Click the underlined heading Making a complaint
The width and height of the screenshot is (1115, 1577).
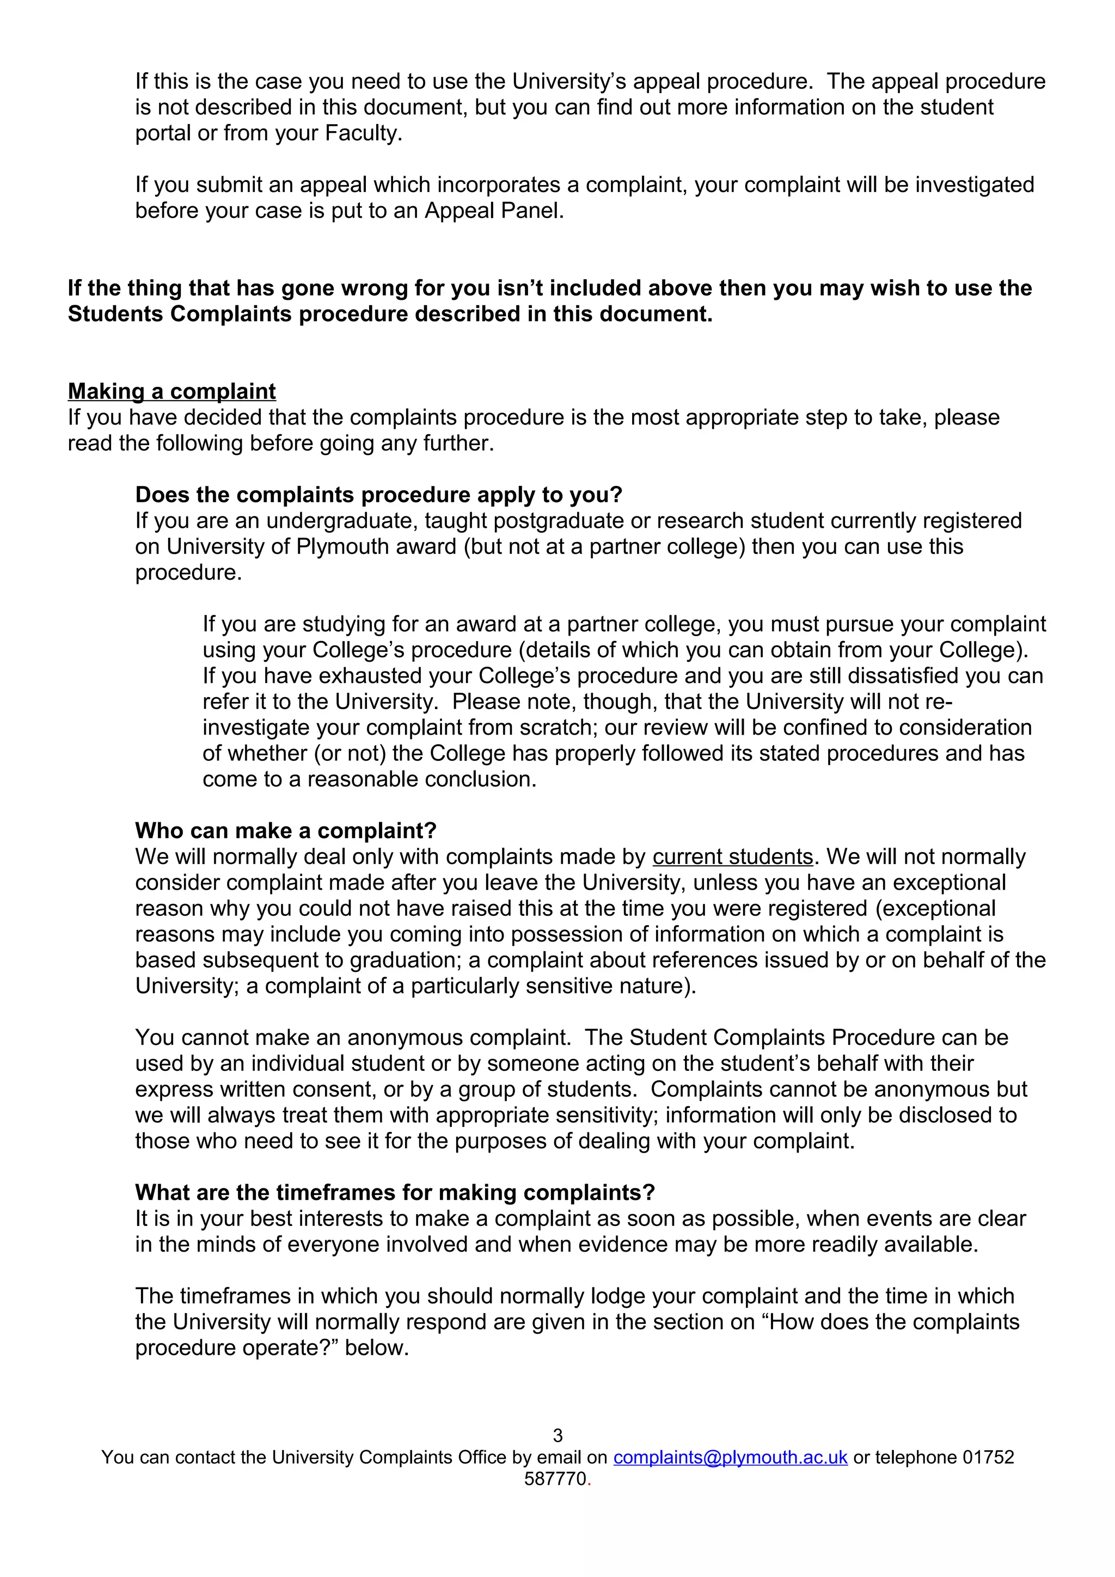[171, 391]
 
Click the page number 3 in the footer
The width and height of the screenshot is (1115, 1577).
[557, 1436]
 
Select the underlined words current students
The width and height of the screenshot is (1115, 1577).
[732, 857]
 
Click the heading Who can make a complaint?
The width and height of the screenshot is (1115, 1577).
[286, 830]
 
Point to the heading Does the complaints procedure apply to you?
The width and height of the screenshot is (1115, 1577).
[378, 495]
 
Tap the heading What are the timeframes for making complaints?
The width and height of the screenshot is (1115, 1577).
[395, 1192]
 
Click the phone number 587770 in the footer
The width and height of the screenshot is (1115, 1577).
[555, 1479]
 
